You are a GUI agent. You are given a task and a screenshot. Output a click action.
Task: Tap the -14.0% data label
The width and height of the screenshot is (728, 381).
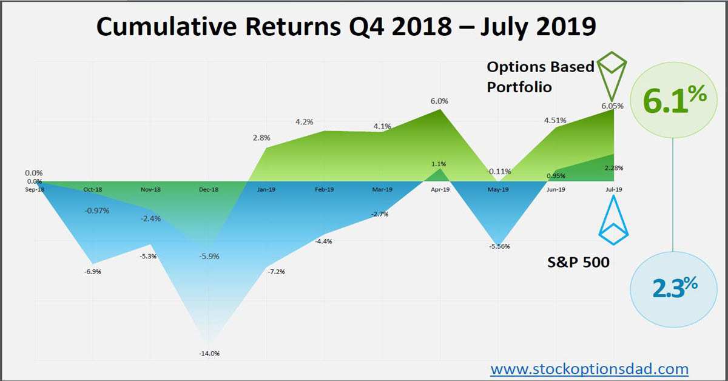coord(208,353)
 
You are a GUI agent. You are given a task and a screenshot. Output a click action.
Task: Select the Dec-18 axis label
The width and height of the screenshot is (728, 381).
coord(208,190)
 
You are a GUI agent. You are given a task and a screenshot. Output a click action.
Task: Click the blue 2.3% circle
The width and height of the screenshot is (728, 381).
coord(673,289)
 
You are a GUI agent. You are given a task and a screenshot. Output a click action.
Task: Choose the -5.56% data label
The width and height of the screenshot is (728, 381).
coord(499,246)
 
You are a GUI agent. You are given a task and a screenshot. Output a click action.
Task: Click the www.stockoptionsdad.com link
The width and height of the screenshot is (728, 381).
coord(589,368)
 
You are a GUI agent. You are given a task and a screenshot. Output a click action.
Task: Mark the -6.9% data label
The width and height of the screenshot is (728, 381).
coord(92,271)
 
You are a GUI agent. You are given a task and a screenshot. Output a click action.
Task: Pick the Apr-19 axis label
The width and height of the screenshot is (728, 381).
coord(439,190)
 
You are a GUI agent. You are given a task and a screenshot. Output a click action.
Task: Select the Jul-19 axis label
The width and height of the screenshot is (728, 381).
coord(614,190)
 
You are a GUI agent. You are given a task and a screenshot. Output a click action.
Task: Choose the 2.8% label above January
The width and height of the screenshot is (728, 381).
coord(261,138)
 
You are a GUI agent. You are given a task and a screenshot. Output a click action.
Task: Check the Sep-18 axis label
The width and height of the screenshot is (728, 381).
coord(35,190)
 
